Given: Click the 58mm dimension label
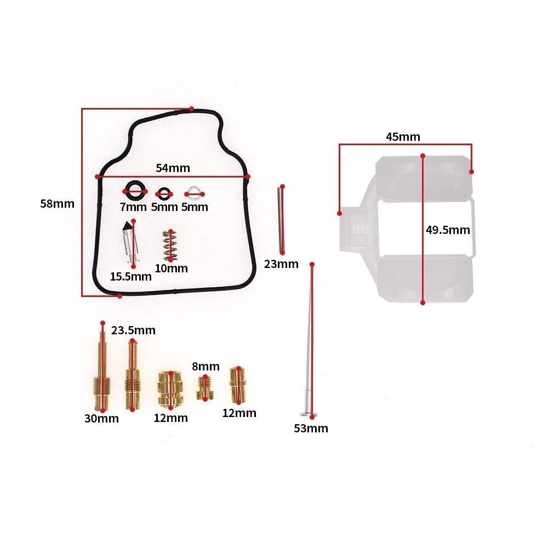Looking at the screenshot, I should (x=57, y=204).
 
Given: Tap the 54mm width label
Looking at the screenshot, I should (x=170, y=168).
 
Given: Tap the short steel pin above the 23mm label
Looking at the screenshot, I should (x=281, y=219).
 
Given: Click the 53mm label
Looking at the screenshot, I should (x=311, y=429).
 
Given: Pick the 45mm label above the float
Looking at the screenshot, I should (x=403, y=137).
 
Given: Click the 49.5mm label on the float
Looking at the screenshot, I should (x=448, y=230).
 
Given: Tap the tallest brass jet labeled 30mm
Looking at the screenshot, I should (x=102, y=373).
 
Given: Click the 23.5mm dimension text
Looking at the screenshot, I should (x=133, y=330).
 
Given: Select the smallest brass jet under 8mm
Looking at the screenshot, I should (x=206, y=387).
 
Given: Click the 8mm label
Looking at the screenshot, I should (x=206, y=367).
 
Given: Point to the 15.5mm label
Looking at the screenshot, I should (x=130, y=276).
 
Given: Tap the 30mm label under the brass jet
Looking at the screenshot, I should (x=101, y=419).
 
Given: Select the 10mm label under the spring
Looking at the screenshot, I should (x=171, y=269).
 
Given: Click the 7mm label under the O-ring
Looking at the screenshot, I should (x=133, y=207).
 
